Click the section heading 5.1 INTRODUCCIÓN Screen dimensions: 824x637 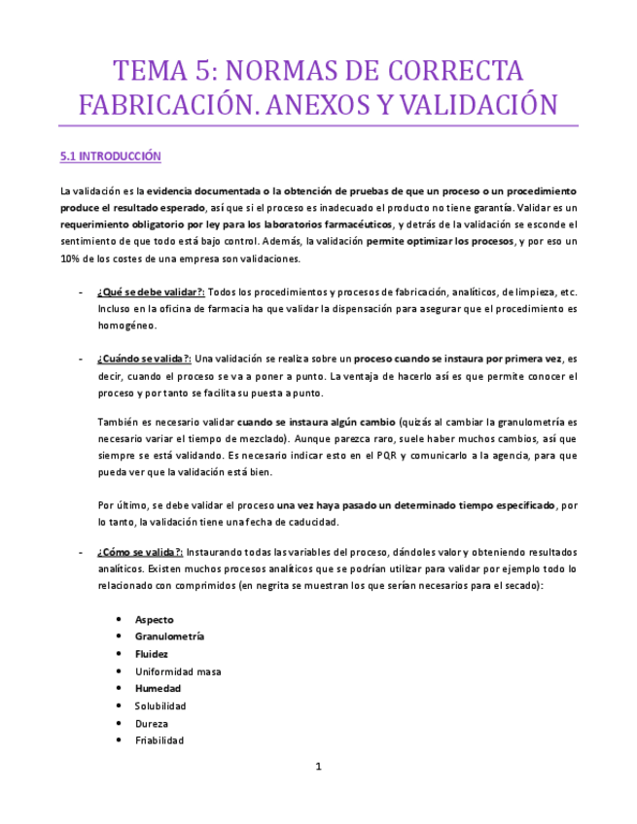(110, 156)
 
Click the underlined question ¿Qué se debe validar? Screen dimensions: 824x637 (151, 292)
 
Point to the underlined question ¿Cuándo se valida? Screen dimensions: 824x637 (144, 359)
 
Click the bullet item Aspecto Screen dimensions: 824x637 (155, 619)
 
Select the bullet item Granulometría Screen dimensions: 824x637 (169, 636)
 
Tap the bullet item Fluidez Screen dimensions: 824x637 (152, 654)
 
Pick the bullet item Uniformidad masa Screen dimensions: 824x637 (178, 671)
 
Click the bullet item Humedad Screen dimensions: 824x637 (158, 688)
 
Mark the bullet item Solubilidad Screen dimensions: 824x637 (160, 705)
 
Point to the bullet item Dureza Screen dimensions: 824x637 (152, 723)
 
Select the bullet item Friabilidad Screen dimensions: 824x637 (159, 740)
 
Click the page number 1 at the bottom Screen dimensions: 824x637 (318, 767)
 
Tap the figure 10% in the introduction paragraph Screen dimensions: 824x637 (71, 258)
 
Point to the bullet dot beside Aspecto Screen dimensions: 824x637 (119, 619)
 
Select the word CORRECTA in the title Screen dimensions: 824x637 (456, 71)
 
